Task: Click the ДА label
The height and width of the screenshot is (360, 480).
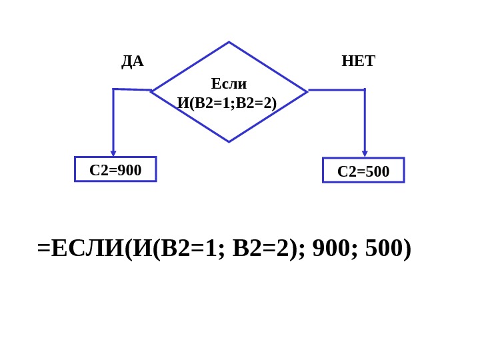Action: tap(132, 61)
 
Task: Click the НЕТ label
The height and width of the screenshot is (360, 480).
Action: tap(358, 61)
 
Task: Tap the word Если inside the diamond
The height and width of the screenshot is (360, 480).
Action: tap(229, 84)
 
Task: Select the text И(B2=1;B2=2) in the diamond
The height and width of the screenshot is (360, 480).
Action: tap(227, 103)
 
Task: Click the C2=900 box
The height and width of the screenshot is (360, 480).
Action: tap(115, 169)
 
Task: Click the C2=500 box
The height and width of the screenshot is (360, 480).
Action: tap(363, 171)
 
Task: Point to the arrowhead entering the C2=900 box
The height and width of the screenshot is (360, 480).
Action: tap(113, 153)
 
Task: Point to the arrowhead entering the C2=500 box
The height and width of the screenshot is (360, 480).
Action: tap(365, 154)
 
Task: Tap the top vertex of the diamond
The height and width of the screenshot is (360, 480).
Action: tap(229, 43)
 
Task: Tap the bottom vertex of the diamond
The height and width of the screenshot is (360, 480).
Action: tap(229, 141)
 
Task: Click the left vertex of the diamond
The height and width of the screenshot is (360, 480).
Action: tap(151, 91)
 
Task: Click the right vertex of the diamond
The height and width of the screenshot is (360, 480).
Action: tap(307, 91)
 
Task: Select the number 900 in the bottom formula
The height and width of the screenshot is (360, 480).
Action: tap(329, 248)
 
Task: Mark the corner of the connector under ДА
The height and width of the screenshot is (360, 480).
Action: tap(113, 89)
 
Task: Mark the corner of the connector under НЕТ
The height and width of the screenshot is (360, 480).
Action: tap(365, 89)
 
